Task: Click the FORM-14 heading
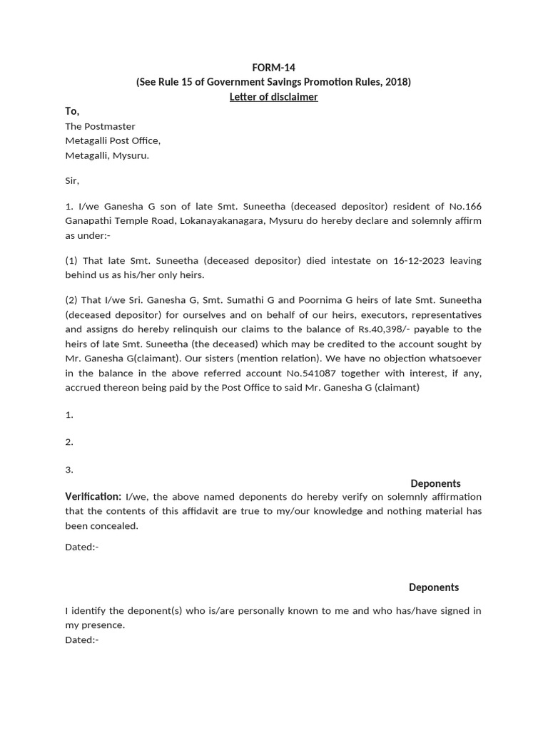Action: click(x=273, y=68)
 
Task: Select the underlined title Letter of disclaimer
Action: click(x=273, y=97)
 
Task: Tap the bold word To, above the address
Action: click(x=72, y=111)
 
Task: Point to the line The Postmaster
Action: click(x=100, y=126)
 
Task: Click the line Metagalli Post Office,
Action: click(x=113, y=140)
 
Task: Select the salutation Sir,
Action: click(x=72, y=181)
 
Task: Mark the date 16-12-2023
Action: click(x=419, y=261)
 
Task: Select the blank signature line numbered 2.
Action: click(x=69, y=442)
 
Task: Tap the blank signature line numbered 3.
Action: click(x=69, y=470)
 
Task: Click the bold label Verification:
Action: click(x=93, y=496)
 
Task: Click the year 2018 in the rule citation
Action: click(x=396, y=82)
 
